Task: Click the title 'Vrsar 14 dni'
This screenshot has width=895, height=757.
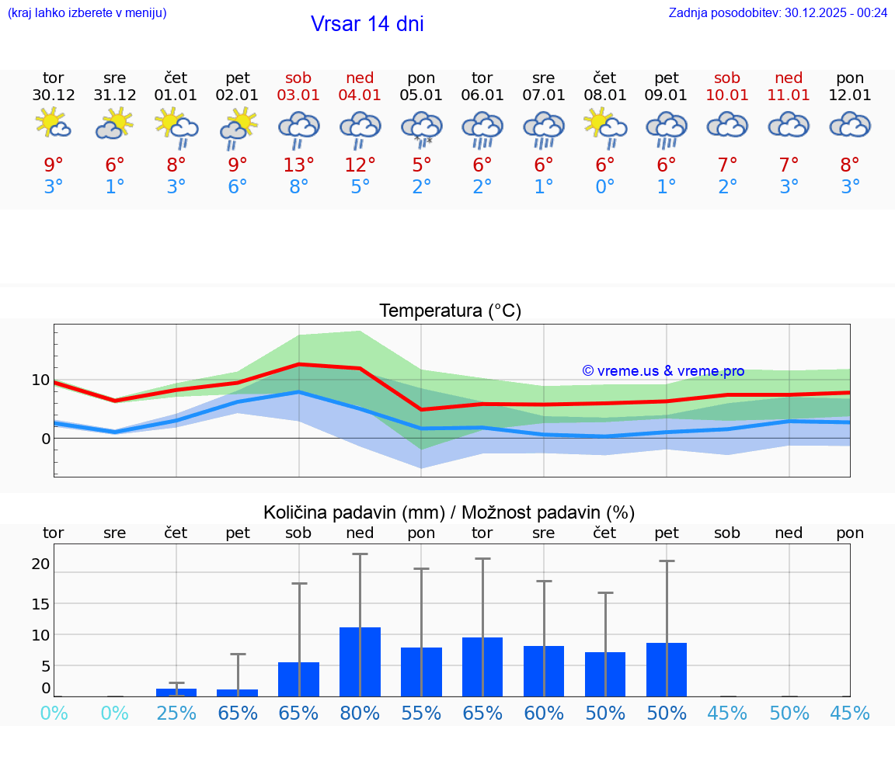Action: click(367, 24)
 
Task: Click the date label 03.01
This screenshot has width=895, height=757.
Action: click(298, 95)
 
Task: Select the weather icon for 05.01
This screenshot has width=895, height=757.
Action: click(421, 129)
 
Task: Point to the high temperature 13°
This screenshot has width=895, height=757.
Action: click(298, 165)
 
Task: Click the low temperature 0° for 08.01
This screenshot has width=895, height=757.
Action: click(605, 187)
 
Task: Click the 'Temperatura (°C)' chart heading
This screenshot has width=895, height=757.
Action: click(450, 311)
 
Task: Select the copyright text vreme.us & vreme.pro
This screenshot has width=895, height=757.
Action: click(663, 371)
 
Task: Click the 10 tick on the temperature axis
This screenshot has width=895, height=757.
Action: click(40, 380)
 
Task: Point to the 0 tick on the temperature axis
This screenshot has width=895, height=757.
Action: click(46, 439)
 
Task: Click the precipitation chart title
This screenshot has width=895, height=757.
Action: click(449, 512)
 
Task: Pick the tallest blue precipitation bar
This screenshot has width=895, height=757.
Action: click(360, 662)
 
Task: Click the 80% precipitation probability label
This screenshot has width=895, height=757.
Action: click(360, 714)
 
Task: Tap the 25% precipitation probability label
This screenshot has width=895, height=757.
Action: click(176, 714)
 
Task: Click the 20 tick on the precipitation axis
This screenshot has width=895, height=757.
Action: click(40, 564)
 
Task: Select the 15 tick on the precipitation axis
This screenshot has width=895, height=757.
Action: click(40, 603)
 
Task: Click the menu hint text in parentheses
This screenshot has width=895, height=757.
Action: click(87, 12)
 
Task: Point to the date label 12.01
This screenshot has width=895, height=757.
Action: click(850, 95)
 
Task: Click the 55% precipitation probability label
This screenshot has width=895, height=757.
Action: click(421, 714)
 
